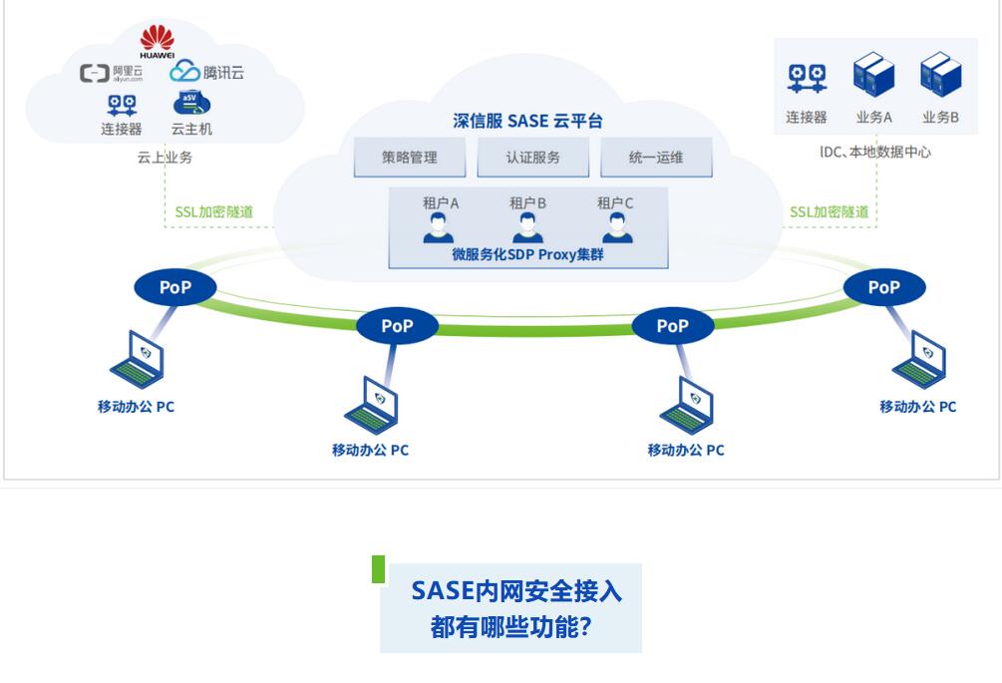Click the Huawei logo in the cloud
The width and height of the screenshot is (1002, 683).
[x=157, y=41]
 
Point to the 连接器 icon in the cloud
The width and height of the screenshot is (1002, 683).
[x=122, y=104]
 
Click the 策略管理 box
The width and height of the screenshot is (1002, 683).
[x=410, y=158]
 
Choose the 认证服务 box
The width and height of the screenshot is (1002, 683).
[x=532, y=158]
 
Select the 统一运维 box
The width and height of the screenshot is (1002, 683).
[x=656, y=158]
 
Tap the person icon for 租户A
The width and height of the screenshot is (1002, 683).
[x=439, y=228]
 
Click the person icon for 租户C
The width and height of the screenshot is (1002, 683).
[x=615, y=228]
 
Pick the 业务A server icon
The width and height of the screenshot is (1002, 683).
[x=873, y=76]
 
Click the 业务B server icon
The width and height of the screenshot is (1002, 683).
[x=941, y=76]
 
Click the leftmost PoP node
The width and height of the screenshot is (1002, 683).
[x=174, y=288]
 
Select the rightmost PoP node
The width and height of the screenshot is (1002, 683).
[x=884, y=288]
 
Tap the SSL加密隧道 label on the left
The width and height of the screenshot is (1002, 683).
[x=213, y=211]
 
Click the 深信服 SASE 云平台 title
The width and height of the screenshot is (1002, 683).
[x=527, y=121]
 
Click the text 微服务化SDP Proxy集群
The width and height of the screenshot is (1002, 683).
[x=527, y=255]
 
